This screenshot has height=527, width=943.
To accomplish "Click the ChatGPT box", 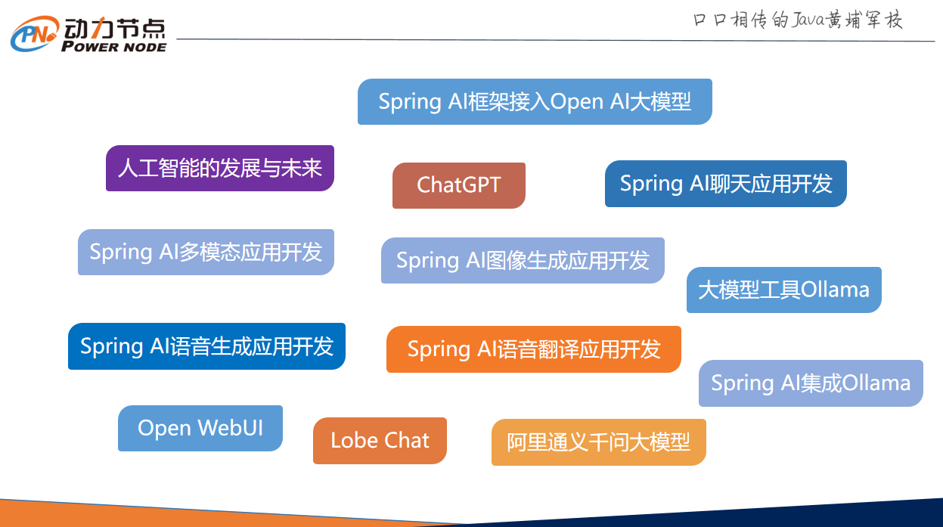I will click(x=458, y=185).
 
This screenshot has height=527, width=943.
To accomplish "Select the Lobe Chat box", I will click(x=380, y=441).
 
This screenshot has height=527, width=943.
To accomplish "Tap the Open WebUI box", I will click(x=200, y=428).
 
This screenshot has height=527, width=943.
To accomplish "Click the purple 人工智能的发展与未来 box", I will click(x=219, y=168).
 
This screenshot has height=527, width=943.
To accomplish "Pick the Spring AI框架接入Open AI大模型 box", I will click(x=535, y=101).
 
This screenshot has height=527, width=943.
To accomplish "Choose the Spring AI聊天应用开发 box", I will click(x=725, y=184).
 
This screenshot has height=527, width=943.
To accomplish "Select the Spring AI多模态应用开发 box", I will click(x=206, y=252).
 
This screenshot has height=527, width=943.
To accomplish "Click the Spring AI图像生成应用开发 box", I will click(x=523, y=261).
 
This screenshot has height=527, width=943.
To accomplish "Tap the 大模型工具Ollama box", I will click(x=783, y=290).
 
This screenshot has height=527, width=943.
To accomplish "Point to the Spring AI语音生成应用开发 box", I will click(x=206, y=346).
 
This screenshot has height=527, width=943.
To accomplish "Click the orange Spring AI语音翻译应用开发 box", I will click(x=533, y=349).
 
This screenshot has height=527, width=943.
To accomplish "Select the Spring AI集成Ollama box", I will click(x=811, y=383).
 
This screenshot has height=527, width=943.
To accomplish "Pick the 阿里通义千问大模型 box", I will click(x=598, y=442).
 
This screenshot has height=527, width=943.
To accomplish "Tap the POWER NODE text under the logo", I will click(x=113, y=47).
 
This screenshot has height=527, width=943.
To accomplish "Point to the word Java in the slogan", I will click(x=808, y=20).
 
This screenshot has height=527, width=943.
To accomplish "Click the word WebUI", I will click(x=231, y=428).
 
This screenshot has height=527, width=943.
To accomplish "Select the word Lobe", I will click(x=353, y=441).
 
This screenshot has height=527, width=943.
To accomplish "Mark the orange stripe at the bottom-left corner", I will click(x=113, y=516).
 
